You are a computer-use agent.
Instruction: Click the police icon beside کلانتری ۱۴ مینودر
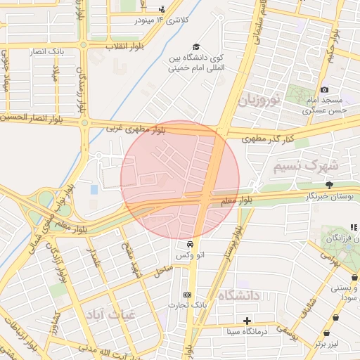click(162, 10)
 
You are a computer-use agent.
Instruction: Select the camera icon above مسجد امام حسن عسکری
click(324, 89)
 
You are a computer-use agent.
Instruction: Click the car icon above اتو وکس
click(190, 243)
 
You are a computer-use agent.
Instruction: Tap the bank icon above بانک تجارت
click(187, 295)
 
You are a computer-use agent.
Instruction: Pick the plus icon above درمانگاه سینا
click(247, 321)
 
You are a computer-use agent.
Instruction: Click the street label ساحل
click(162, 269)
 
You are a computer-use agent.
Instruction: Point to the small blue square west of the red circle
click(94, 190)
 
